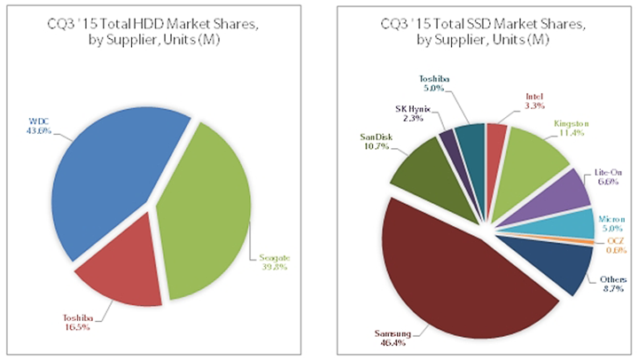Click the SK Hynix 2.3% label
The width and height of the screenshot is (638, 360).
[413, 113]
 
